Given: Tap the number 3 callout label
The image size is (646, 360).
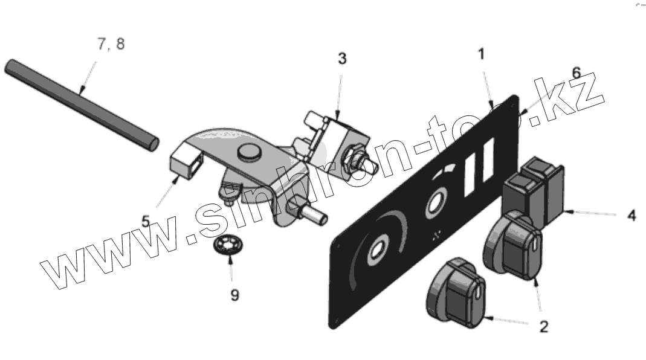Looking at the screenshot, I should click(x=342, y=59).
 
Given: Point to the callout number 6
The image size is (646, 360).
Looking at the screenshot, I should click(x=575, y=73).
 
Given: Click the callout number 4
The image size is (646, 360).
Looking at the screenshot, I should click(x=631, y=215).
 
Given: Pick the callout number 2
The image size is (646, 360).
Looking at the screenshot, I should click(x=543, y=327).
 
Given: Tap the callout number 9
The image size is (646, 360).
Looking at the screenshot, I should click(x=234, y=295).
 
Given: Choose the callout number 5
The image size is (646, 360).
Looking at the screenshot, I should click(x=146, y=221).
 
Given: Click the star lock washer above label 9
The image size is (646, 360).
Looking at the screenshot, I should click(x=229, y=247).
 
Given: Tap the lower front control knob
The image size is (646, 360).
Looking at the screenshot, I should click(x=456, y=292).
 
